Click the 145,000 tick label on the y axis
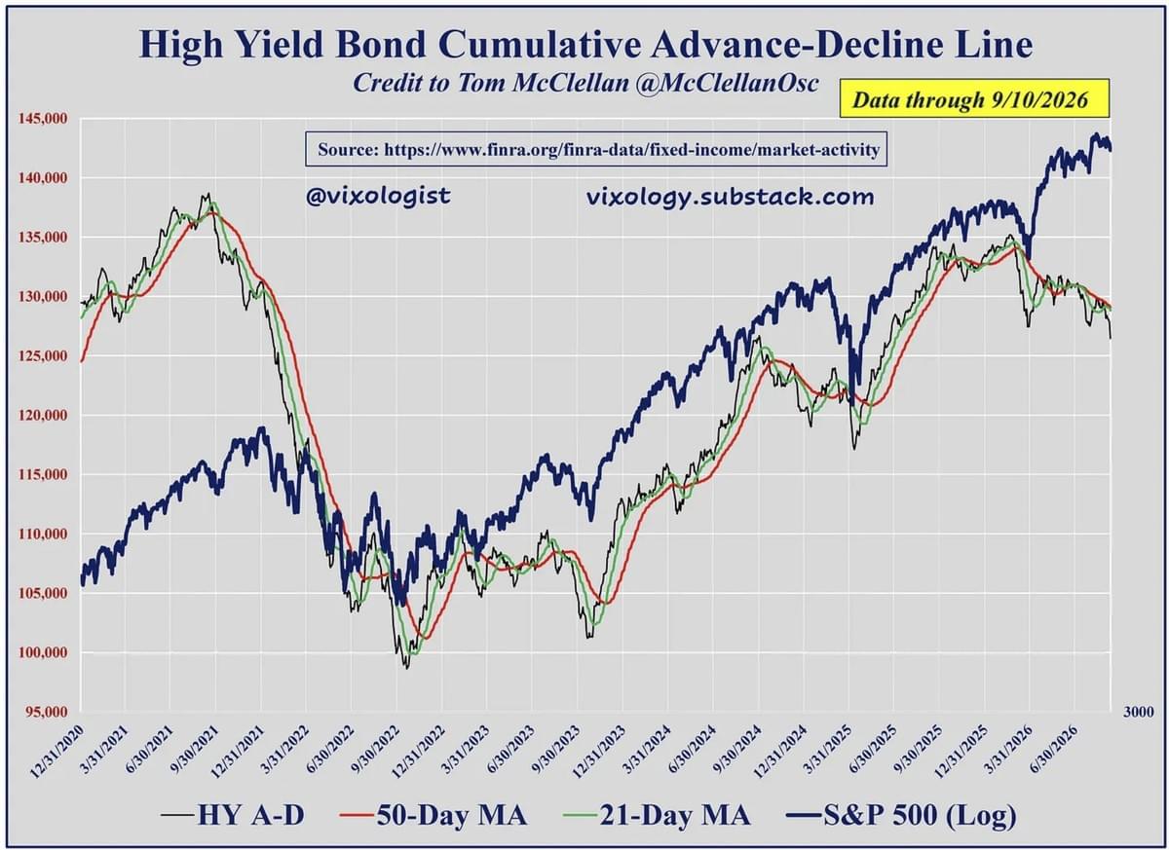tap(43, 119)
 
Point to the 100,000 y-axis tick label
tap(43, 652)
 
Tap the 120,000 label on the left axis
tap(43, 415)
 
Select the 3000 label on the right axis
tap(1138, 712)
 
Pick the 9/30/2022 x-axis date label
tap(373, 750)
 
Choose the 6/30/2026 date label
tap(1052, 750)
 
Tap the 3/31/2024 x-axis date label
tap(645, 750)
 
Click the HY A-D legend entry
tap(233, 815)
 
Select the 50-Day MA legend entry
tap(434, 815)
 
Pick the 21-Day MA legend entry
tap(657, 815)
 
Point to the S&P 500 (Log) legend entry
tap(902, 816)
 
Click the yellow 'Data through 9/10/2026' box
tap(974, 98)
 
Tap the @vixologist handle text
tap(378, 197)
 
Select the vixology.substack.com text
tap(730, 197)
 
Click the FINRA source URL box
tap(596, 150)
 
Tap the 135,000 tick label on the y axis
tap(43, 238)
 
